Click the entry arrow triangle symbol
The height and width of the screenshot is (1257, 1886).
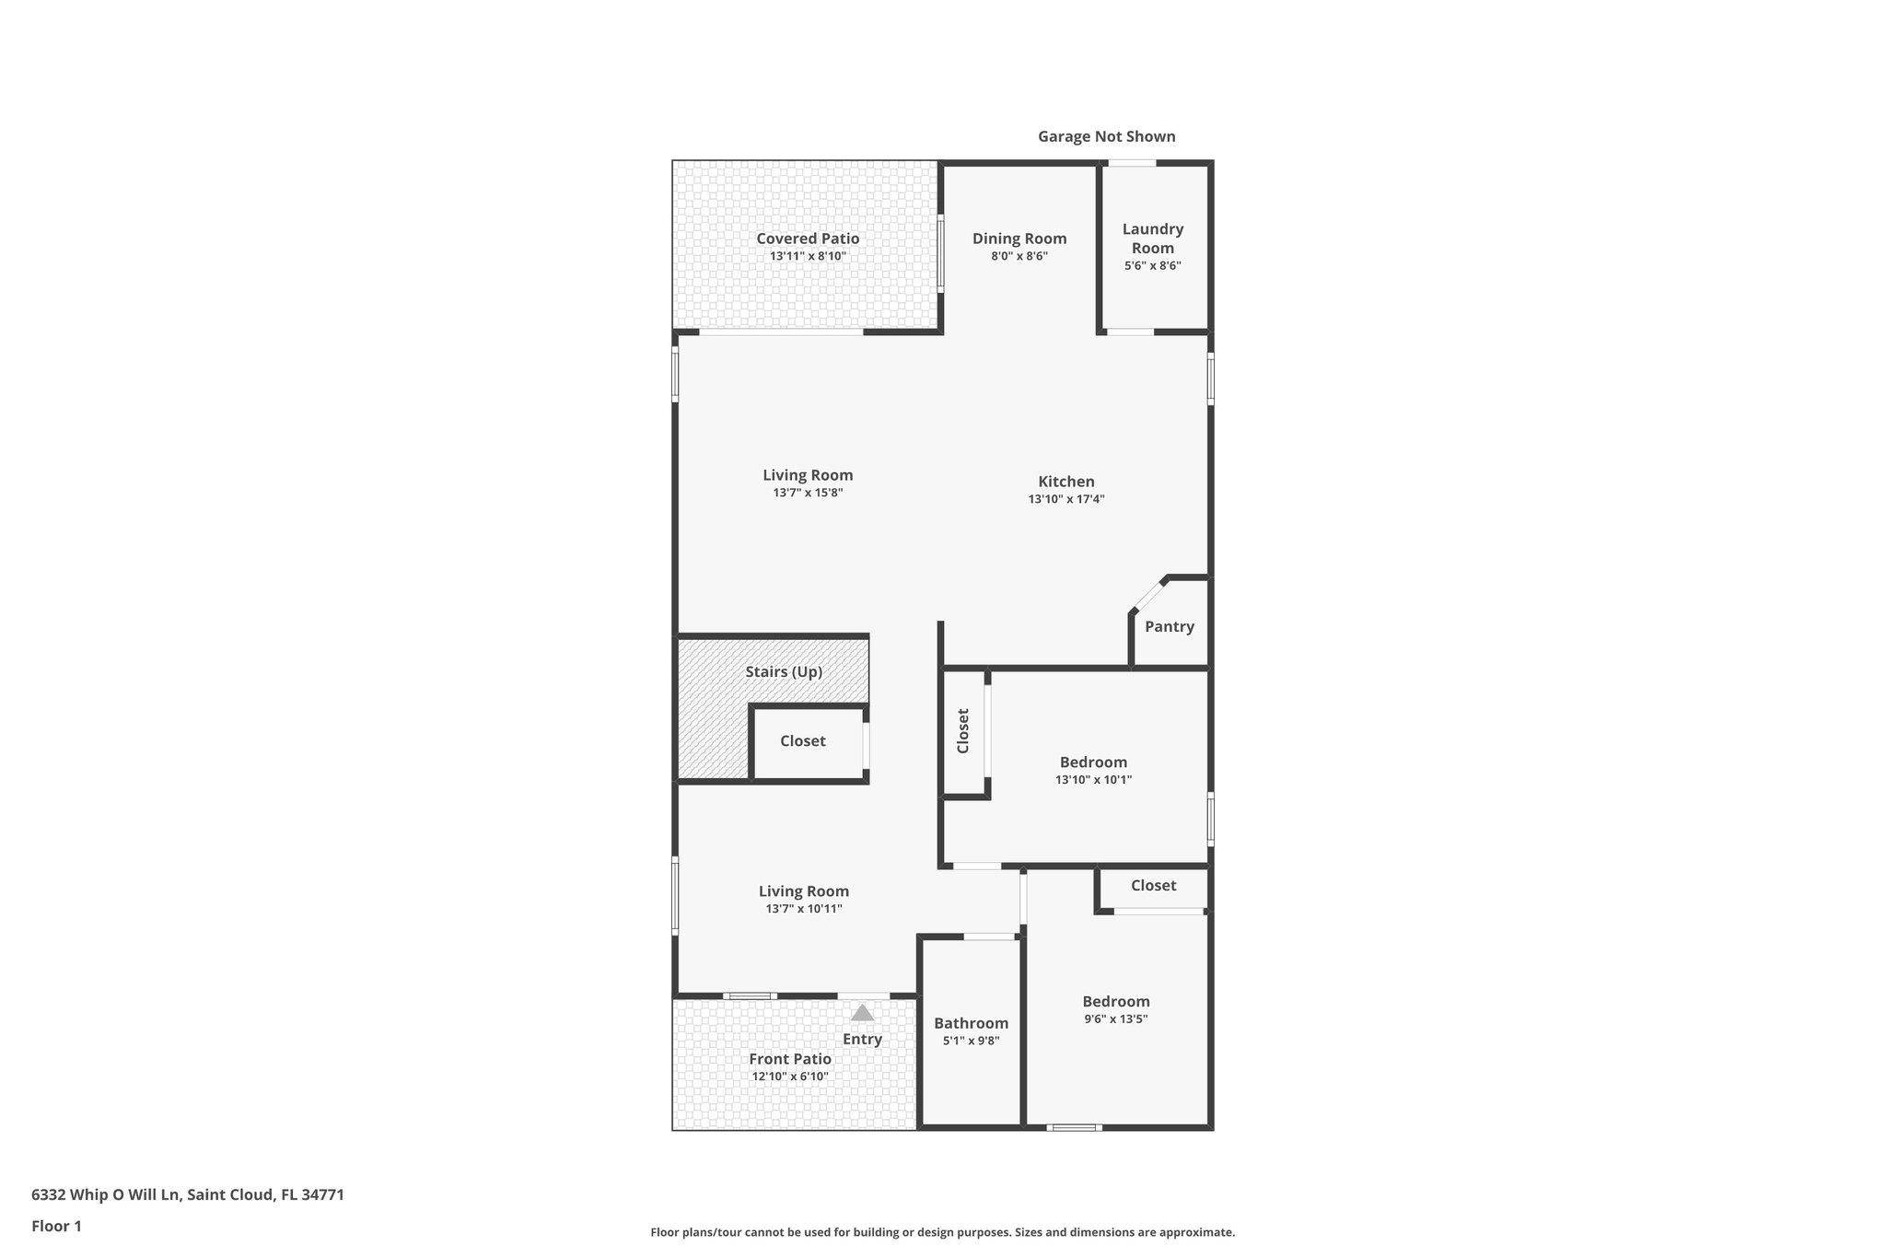tap(862, 1013)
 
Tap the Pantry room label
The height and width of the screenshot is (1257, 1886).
tap(1170, 626)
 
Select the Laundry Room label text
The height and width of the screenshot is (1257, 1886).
tap(1153, 239)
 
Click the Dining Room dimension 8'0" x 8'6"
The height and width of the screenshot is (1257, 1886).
tap(1019, 256)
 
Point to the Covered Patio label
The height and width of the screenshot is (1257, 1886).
tap(808, 239)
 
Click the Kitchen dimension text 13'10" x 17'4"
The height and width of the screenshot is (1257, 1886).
tap(1066, 499)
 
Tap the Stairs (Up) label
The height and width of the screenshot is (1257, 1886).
tap(784, 671)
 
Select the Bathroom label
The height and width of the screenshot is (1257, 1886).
tap(971, 1023)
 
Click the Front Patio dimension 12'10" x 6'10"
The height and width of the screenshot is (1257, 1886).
tap(790, 1077)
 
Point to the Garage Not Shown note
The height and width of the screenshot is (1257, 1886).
tap(1106, 136)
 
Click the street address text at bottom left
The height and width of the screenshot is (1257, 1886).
tap(188, 1194)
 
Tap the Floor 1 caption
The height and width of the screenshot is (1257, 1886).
tap(57, 1226)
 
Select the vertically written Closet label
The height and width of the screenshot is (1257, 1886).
tap(963, 730)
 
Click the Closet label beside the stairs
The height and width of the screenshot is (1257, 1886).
tap(802, 740)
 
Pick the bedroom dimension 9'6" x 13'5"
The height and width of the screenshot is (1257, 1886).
tap(1116, 1018)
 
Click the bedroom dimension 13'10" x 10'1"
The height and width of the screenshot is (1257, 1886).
tap(1093, 779)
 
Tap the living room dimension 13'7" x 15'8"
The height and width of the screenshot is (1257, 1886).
tap(808, 493)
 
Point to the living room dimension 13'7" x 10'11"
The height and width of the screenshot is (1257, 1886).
tap(804, 909)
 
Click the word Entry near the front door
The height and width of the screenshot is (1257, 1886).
tap(862, 1039)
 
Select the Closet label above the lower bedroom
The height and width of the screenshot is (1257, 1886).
tap(1153, 885)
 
